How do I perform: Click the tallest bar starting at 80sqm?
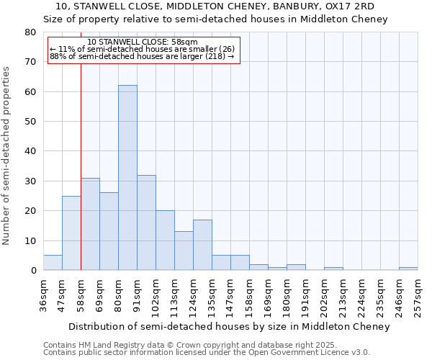pos(127,178)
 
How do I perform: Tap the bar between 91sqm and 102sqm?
pos(146,222)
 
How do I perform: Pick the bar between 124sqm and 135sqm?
pos(202,245)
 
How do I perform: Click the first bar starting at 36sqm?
pos(53,263)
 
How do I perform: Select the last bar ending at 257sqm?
pos(408,269)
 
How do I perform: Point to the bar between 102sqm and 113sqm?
pos(165,240)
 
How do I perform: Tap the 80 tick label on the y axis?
pos(30,32)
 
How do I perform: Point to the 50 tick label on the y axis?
pos(30,122)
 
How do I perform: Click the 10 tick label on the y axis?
pos(30,240)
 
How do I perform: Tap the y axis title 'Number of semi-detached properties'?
pos(7,156)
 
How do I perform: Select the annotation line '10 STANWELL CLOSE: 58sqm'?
pos(142,42)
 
